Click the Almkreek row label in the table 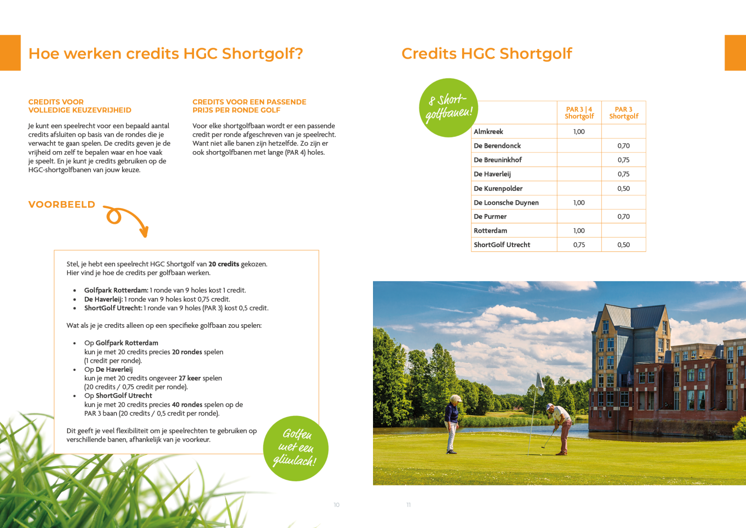[x=488, y=132]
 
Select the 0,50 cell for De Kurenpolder [x=623, y=188]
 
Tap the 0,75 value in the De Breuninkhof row [x=623, y=160]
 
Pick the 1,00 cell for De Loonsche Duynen [x=579, y=202]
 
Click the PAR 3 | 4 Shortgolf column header [x=579, y=113]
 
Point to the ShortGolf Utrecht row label [x=502, y=245]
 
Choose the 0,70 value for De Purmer [x=623, y=216]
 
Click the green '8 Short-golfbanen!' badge [x=449, y=108]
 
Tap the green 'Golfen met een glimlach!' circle [x=296, y=448]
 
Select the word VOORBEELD [x=62, y=205]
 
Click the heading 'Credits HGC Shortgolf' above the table [x=486, y=54]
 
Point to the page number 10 [x=337, y=505]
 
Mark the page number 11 [x=408, y=505]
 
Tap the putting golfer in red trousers [x=560, y=429]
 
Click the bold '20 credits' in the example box [x=224, y=264]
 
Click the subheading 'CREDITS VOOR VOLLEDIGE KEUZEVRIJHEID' [x=80, y=106]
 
